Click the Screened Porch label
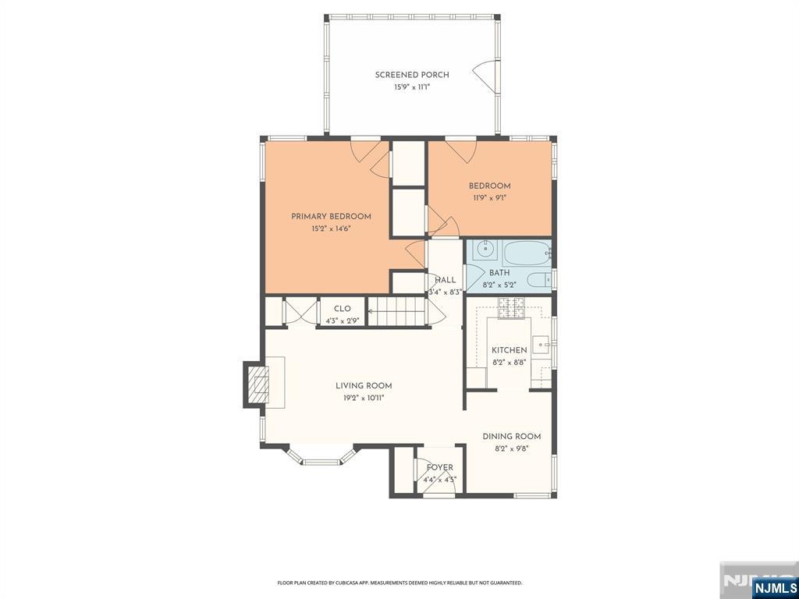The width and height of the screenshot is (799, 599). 412,75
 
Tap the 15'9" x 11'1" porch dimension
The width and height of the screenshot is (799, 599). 412,87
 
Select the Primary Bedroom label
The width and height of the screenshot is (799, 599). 331,217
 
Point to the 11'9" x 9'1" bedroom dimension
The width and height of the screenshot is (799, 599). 490,198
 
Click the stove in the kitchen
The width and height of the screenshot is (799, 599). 511,307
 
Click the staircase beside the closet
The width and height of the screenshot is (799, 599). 397,311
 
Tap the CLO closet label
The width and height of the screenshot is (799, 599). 343,309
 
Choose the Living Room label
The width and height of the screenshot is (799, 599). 364,386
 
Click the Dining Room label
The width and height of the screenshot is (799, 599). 512,437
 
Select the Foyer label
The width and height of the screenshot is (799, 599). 440,468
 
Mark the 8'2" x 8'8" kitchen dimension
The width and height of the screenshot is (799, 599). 509,363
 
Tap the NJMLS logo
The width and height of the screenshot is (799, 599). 774,588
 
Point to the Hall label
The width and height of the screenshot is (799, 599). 446,280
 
